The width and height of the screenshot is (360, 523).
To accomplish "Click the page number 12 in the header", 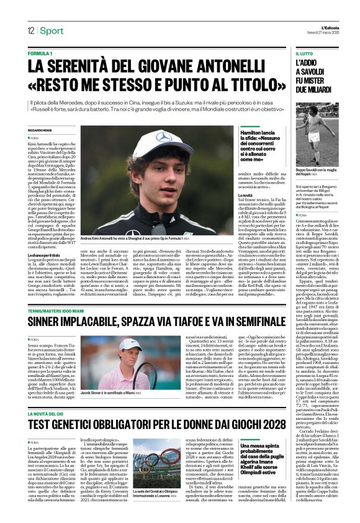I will (30, 30).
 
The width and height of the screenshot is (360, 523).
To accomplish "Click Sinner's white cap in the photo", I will (129, 345).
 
